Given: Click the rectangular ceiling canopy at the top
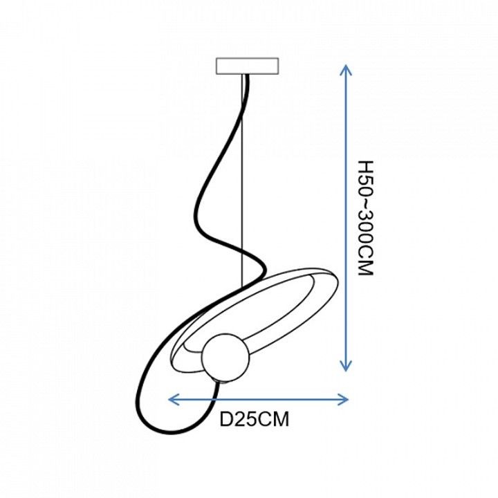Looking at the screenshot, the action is point(248,66).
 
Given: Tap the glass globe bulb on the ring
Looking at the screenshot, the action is point(225,358).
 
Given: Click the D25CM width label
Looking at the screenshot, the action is point(255,419).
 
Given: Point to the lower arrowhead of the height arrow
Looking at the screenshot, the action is point(346,366).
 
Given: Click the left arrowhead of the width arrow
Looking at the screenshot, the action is point(174,400).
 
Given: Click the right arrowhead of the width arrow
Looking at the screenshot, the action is point(343,400).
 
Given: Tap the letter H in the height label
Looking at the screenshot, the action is point(365,167).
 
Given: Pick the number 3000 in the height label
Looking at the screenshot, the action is point(365,233).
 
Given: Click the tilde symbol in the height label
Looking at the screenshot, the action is point(365,205).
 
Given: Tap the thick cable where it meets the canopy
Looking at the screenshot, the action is point(247,76).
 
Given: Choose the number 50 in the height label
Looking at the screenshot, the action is point(365,187).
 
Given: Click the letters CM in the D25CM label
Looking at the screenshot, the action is point(272,419).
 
